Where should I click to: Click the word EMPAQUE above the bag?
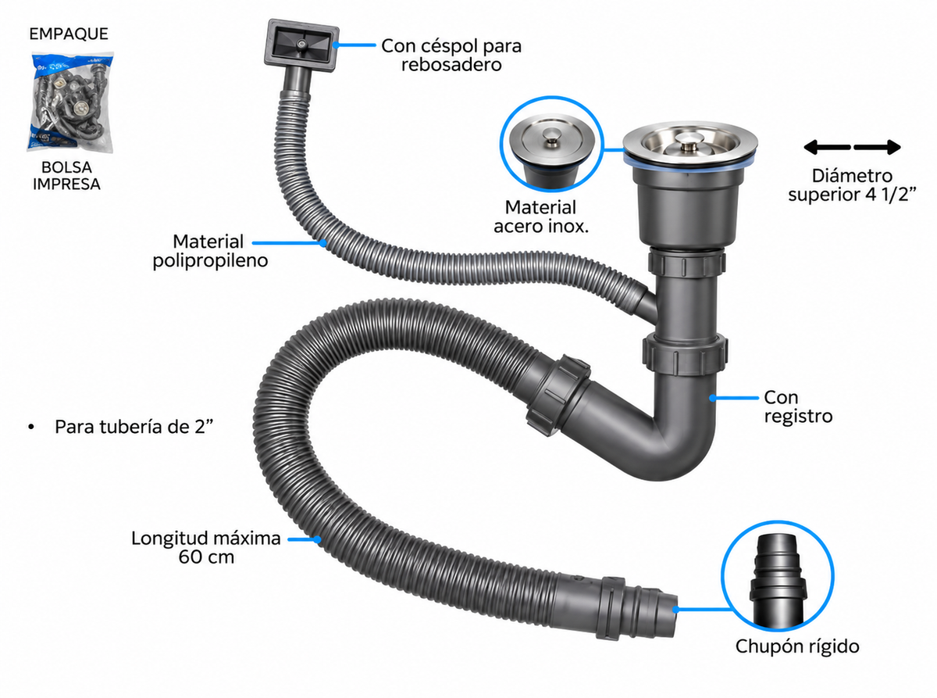[x=69, y=34]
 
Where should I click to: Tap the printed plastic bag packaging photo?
[x=71, y=102]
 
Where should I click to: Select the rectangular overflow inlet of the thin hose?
[x=301, y=45]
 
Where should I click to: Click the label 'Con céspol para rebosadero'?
[x=451, y=55]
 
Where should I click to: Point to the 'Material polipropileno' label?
[x=210, y=251]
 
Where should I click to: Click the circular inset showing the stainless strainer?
[x=552, y=144]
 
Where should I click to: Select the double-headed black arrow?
[x=852, y=147]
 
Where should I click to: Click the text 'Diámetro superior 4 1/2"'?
[x=852, y=185]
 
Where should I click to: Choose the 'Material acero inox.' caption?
[x=541, y=217]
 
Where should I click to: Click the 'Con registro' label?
[x=798, y=406]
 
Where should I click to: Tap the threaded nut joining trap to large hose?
[x=558, y=396]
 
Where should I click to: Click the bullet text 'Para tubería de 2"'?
[x=134, y=427]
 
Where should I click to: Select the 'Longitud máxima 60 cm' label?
[x=206, y=547]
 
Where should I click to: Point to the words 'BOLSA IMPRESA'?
[x=66, y=176]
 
